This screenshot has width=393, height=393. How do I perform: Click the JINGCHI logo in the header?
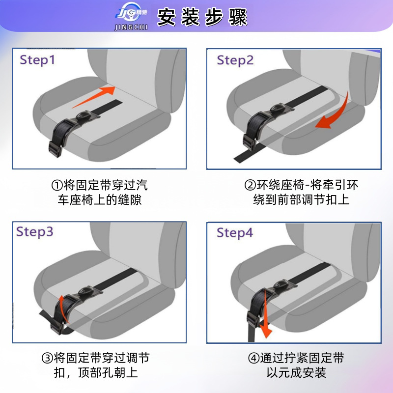pos(131,16)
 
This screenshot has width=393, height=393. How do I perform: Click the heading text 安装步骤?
pos(202,17)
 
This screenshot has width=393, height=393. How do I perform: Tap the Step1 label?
pos(37,60)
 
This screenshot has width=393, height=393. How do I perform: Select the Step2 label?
pos(235,60)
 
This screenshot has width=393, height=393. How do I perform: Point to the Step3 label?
pos(34,232)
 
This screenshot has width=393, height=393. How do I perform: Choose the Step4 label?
pos(235,233)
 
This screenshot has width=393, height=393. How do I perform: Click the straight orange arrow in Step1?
pos(94,97)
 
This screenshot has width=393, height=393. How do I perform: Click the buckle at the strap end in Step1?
pos(55,149)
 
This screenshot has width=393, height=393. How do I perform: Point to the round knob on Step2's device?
pos(277,108)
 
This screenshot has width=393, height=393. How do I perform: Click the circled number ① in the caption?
pos(57,186)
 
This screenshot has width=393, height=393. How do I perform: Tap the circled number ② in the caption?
pos(250,186)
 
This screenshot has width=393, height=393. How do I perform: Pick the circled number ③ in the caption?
pos(47,358)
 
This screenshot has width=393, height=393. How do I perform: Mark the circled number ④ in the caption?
pos(253,358)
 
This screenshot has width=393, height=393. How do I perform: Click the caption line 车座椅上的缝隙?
pos(100,200)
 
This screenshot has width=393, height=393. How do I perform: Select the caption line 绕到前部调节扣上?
pos(301,200)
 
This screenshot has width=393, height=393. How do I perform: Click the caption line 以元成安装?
pos(296,373)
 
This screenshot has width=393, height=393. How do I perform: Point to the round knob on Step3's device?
pos(85,291)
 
